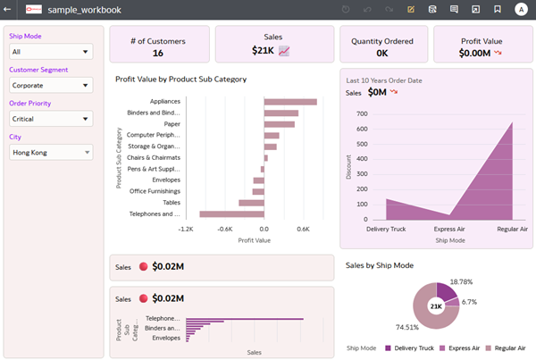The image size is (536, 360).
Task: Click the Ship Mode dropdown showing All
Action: point(51,52)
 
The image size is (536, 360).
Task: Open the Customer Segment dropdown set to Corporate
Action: point(51,86)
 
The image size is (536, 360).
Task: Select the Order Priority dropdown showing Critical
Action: point(51,119)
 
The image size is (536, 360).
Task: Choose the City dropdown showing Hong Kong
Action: point(51,153)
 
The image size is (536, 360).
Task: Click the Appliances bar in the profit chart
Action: point(290,102)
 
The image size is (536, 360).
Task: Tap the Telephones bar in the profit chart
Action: point(231,214)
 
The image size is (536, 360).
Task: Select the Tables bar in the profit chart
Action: point(251,203)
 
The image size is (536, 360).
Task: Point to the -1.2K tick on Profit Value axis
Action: point(186,229)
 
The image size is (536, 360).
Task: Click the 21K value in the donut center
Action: point(436,306)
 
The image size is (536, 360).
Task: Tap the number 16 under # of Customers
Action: point(157,53)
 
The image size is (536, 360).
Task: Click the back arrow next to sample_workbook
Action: point(9,9)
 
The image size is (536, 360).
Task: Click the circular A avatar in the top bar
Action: point(521,9)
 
